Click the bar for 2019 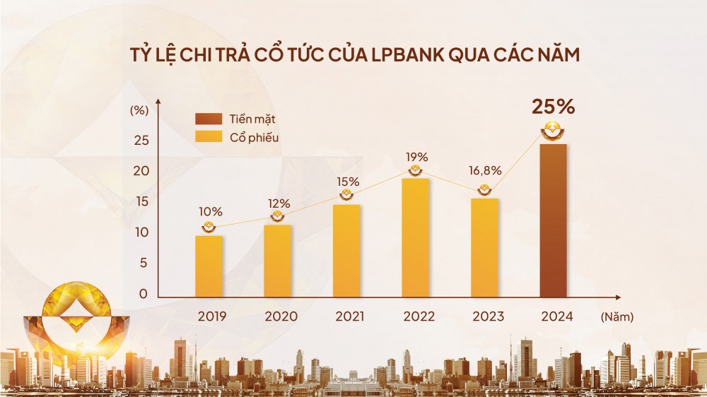point(209,266)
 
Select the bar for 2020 point(278,261)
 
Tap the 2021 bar point(346,251)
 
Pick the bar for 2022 point(415,237)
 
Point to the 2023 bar point(484,247)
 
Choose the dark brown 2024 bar point(553,220)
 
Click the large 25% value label point(554,108)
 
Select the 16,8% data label point(485,170)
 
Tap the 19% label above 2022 point(416,156)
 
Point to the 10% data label point(210,211)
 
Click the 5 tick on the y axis point(144,263)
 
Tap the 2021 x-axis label point(346,316)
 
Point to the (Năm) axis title point(617,317)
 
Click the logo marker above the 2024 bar point(553,130)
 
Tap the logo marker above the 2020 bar point(278,217)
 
